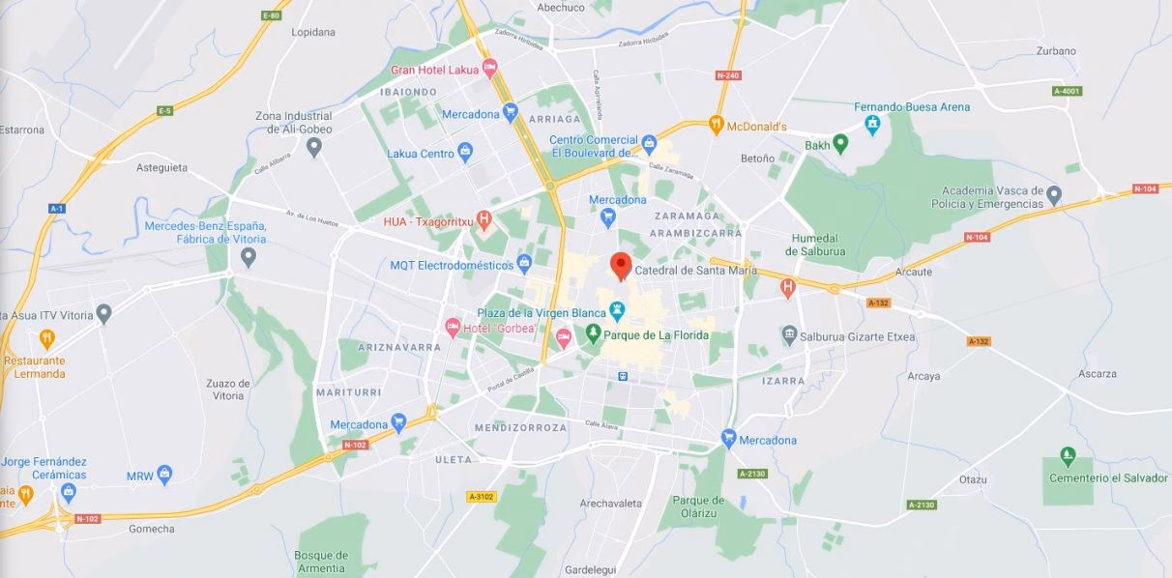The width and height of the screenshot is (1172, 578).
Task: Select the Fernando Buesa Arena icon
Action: pyautogui.click(x=872, y=124)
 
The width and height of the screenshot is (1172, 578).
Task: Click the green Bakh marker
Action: pyautogui.click(x=840, y=144)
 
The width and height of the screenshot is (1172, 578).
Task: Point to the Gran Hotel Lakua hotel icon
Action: pyautogui.click(x=489, y=69)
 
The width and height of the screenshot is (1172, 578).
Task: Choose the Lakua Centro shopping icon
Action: pyautogui.click(x=465, y=152)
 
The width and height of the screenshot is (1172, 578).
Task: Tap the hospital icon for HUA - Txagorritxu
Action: pyautogui.click(x=484, y=219)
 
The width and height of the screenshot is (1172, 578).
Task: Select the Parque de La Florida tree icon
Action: pyautogui.click(x=594, y=334)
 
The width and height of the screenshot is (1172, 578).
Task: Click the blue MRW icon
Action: pyautogui.click(x=164, y=475)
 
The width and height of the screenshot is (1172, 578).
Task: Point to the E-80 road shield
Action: pyautogui.click(x=272, y=15)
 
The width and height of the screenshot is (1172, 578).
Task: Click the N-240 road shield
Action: pyautogui.click(x=727, y=75)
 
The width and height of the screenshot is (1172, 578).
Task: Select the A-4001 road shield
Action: pyautogui.click(x=1067, y=91)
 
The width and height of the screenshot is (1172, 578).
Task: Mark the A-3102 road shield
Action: pyautogui.click(x=481, y=496)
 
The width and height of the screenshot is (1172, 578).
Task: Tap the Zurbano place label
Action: pyautogui.click(x=1055, y=50)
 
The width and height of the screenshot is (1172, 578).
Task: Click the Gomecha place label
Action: pyautogui.click(x=152, y=529)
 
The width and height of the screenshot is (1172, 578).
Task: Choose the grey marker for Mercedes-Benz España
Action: pyautogui.click(x=249, y=257)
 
